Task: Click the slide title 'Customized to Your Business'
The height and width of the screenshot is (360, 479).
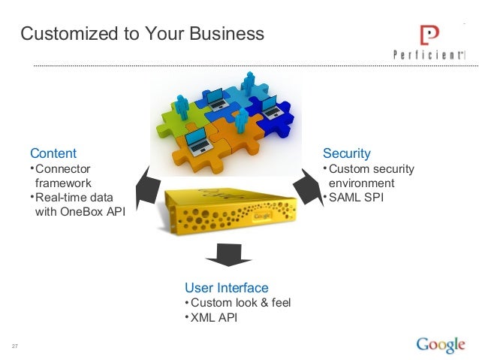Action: tap(142, 34)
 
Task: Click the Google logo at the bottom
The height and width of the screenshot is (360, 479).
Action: tap(440, 344)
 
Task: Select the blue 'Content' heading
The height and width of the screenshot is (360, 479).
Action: tap(53, 154)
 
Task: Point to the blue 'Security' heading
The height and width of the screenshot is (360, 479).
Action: tap(346, 154)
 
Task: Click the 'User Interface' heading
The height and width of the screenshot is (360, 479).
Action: tap(226, 288)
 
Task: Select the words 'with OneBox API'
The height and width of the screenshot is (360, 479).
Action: tap(80, 211)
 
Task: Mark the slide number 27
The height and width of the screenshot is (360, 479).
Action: tap(14, 346)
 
